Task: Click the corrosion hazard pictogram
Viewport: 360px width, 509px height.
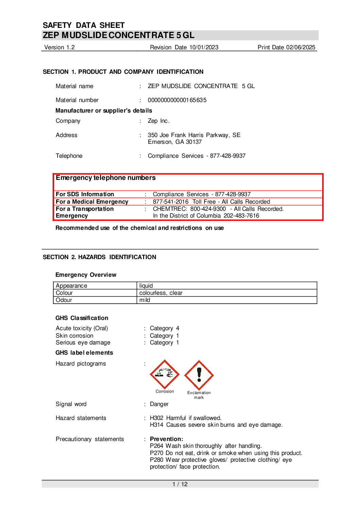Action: click(x=165, y=374)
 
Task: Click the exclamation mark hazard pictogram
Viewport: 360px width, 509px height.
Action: click(x=199, y=375)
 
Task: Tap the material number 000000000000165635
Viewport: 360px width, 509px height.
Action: click(x=177, y=100)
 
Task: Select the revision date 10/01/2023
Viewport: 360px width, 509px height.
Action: click(x=204, y=47)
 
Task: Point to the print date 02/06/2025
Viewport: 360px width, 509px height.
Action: click(x=301, y=47)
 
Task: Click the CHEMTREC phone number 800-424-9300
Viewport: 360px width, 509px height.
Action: click(x=208, y=209)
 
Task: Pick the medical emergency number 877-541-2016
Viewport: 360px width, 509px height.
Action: click(x=171, y=202)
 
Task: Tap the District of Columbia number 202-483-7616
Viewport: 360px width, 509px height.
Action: click(x=241, y=216)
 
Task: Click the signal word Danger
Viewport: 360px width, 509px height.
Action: click(x=159, y=404)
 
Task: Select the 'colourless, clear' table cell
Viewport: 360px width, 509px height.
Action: click(x=161, y=293)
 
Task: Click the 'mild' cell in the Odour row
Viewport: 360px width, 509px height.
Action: click(x=145, y=300)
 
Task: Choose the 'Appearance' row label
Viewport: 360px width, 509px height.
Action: click(x=71, y=286)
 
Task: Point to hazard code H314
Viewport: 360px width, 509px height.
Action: click(x=156, y=425)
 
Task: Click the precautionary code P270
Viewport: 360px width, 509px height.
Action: click(x=156, y=453)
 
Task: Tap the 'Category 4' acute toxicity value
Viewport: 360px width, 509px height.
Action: click(x=165, y=328)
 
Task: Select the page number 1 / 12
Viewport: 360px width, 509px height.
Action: click(x=180, y=484)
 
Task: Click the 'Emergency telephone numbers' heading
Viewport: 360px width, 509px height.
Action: click(x=106, y=177)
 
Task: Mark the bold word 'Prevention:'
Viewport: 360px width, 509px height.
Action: click(x=167, y=439)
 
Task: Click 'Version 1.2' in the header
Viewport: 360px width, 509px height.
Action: click(x=59, y=47)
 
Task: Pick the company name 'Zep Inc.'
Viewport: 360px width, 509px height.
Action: click(x=158, y=121)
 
